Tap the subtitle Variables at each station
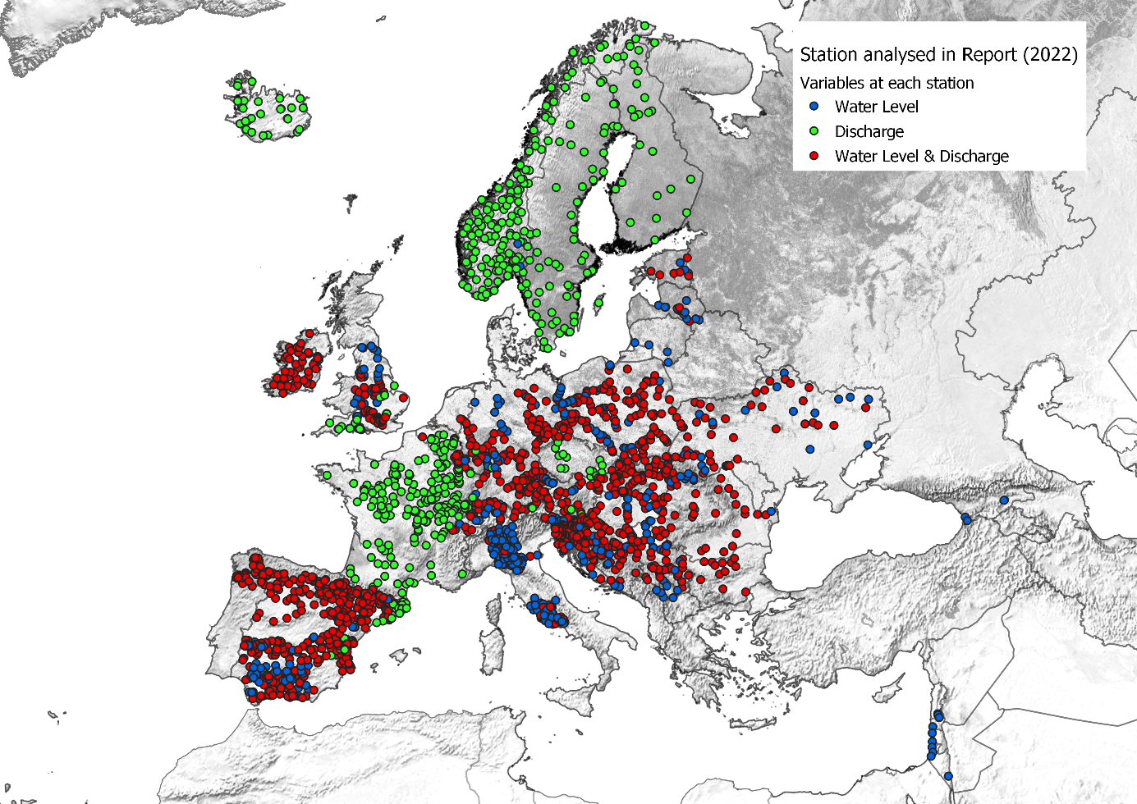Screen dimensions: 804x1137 click(x=887, y=83)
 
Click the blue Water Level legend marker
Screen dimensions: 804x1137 click(x=814, y=107)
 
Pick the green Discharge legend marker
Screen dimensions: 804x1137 click(x=814, y=131)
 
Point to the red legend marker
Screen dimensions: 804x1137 click(x=814, y=156)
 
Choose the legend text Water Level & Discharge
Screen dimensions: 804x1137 click(x=921, y=156)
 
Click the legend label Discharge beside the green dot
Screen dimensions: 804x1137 click(x=869, y=131)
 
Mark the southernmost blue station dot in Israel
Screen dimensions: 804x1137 click(x=948, y=776)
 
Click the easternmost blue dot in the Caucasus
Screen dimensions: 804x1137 click(x=1004, y=500)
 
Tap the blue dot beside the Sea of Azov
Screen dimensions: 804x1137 click(x=867, y=445)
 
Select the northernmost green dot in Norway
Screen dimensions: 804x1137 click(x=645, y=25)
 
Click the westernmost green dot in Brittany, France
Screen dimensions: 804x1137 click(x=327, y=475)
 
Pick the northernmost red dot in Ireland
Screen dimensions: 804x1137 click(x=309, y=334)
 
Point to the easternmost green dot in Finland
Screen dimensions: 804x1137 click(x=691, y=179)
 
